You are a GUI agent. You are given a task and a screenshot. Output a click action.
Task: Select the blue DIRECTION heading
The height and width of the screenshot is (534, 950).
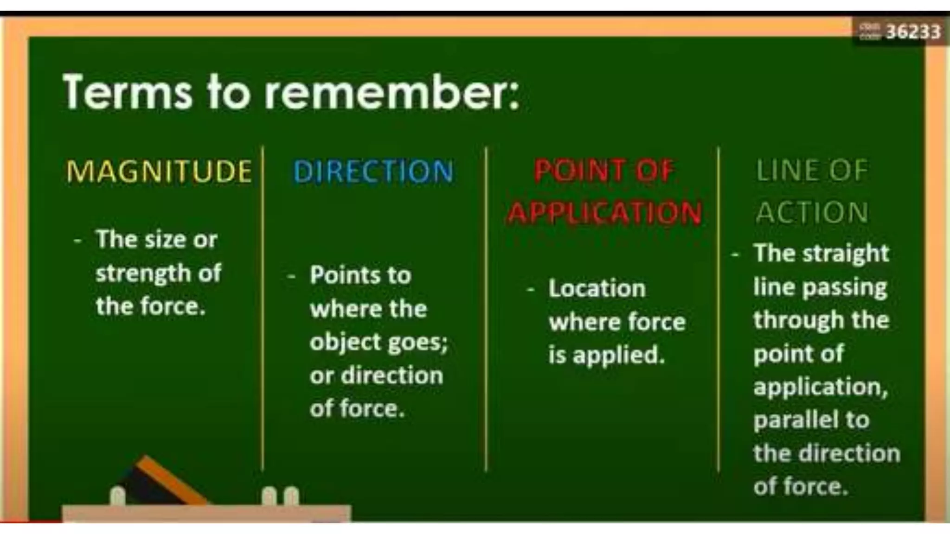click(x=373, y=171)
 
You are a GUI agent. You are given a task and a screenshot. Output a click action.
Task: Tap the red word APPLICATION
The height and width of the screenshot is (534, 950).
click(x=604, y=213)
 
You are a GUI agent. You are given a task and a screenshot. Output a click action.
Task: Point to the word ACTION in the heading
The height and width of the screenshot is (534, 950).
click(x=812, y=213)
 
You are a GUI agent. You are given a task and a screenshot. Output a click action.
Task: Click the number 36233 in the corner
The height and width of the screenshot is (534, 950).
click(x=913, y=32)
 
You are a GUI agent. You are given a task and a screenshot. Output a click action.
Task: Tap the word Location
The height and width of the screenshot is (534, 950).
click(x=597, y=288)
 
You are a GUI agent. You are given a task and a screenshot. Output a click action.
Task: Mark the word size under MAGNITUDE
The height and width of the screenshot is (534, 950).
click(x=166, y=240)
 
